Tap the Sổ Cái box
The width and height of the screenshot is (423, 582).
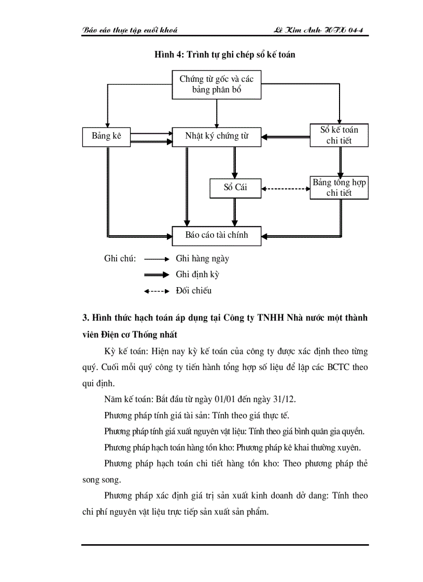[235, 188]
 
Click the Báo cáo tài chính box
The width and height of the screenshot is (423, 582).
[217, 235]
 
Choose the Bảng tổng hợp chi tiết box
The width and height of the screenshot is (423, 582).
[339, 188]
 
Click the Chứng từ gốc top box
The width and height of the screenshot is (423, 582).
[217, 84]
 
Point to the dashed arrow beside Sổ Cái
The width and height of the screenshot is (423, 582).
[286, 188]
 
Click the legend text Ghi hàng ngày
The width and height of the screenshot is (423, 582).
[202, 259]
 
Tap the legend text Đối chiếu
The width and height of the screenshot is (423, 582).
[193, 291]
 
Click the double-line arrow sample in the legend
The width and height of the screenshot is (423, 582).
[157, 275]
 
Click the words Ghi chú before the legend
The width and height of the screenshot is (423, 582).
[120, 259]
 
